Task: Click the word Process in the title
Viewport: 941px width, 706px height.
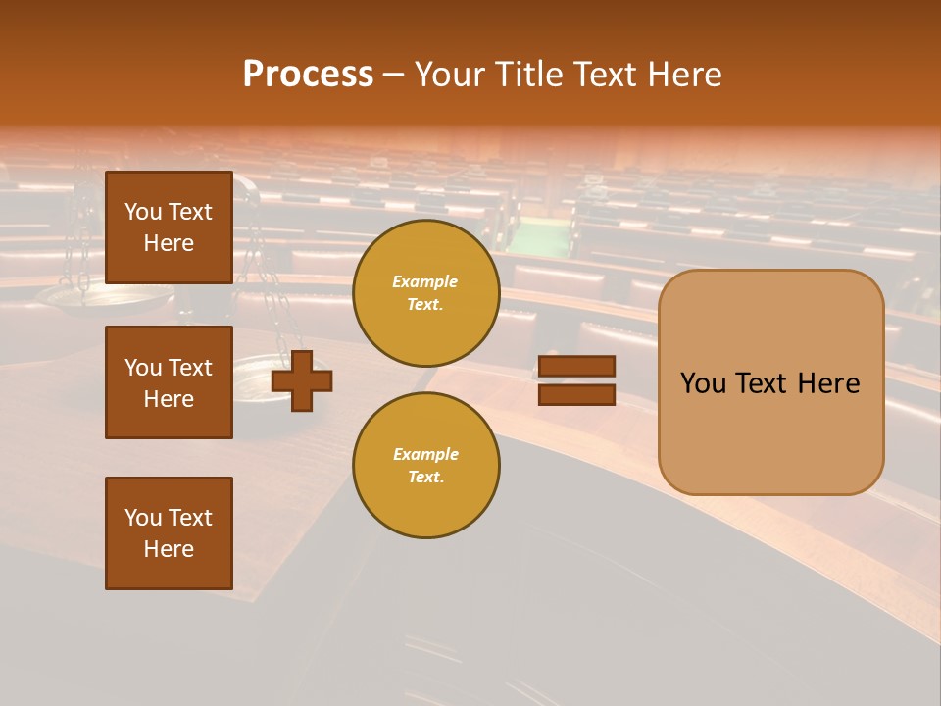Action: (x=308, y=75)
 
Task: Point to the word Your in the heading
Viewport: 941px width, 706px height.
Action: (x=449, y=75)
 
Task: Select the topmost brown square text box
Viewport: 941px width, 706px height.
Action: (x=169, y=227)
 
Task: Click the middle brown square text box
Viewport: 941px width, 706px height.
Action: (x=169, y=382)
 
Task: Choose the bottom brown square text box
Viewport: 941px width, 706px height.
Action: (x=169, y=533)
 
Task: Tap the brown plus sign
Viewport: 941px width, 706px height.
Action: (x=302, y=380)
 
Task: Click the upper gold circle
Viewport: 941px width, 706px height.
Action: (x=426, y=293)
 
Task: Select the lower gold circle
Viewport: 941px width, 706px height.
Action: (x=426, y=466)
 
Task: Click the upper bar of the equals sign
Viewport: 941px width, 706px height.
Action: (x=577, y=366)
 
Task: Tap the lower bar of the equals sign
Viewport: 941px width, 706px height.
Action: (x=577, y=394)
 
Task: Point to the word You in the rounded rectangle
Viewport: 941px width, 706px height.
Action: (x=704, y=383)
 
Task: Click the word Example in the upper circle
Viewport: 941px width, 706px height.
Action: (x=424, y=281)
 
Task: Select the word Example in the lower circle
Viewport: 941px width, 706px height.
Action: (x=425, y=454)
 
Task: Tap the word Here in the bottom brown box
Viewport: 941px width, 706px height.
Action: (x=169, y=549)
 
